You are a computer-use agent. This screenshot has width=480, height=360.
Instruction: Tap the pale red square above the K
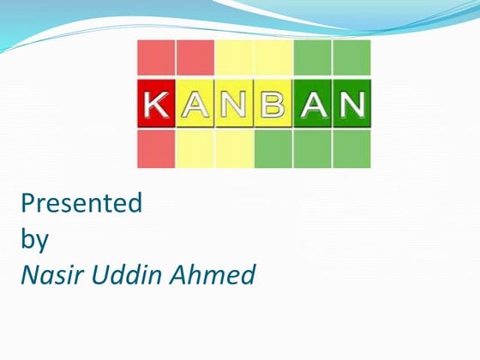click(x=156, y=57)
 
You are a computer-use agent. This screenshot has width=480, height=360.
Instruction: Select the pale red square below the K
click(x=156, y=149)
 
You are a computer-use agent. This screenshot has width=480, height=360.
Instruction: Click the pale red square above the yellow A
click(x=195, y=57)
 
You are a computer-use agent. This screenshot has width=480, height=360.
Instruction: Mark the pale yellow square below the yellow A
click(x=195, y=149)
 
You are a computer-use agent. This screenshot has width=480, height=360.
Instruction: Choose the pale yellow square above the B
click(x=273, y=57)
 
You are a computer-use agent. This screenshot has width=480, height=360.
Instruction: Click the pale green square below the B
click(x=273, y=149)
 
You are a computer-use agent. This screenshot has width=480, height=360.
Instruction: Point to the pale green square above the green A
click(x=312, y=57)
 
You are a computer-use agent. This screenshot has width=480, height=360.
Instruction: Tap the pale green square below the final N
click(x=351, y=149)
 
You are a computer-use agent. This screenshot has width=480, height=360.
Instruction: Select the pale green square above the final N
click(x=351, y=57)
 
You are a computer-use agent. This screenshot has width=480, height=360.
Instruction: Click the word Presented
click(x=81, y=204)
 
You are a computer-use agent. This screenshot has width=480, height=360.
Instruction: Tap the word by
click(x=35, y=240)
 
